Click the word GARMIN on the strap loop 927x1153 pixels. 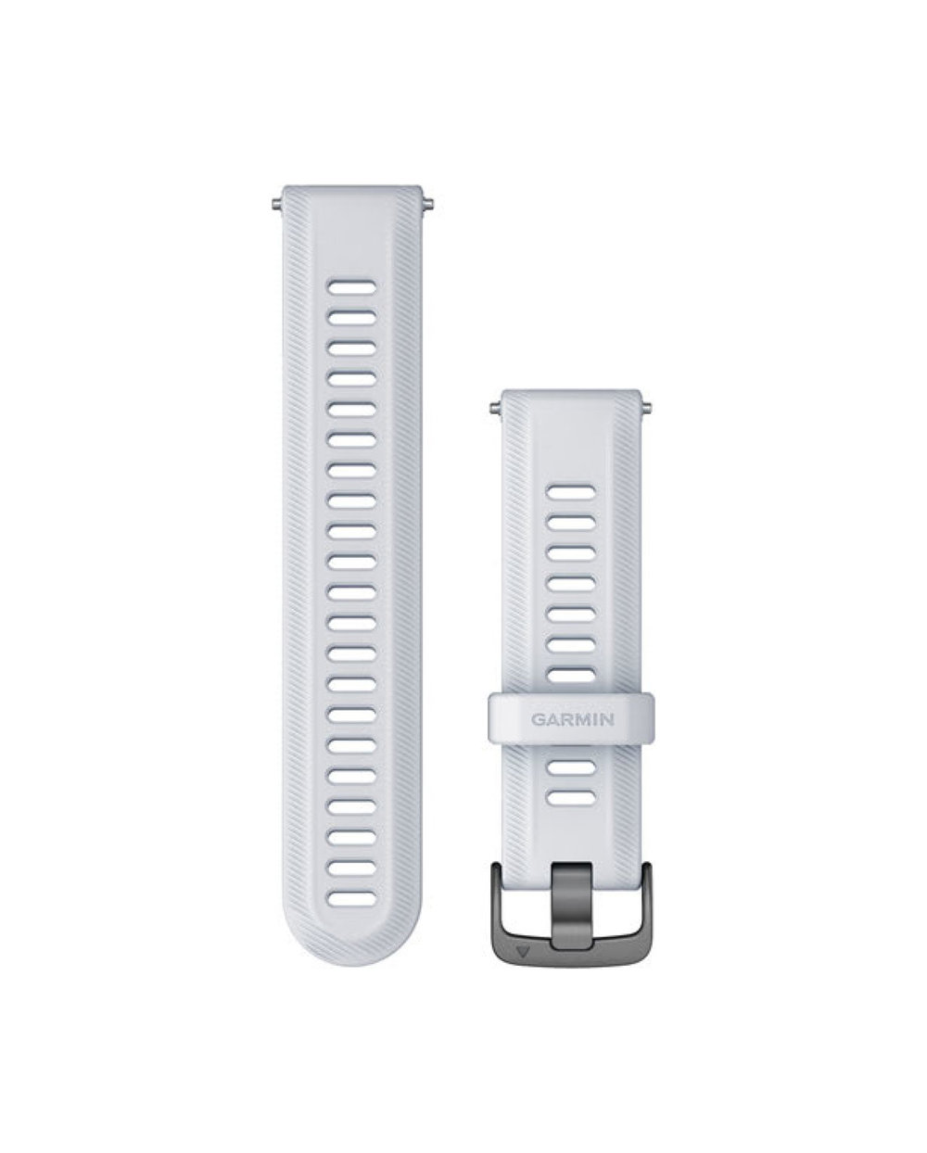click(x=572, y=719)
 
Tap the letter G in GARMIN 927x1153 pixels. click(x=537, y=719)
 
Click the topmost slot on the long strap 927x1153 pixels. click(x=352, y=287)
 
